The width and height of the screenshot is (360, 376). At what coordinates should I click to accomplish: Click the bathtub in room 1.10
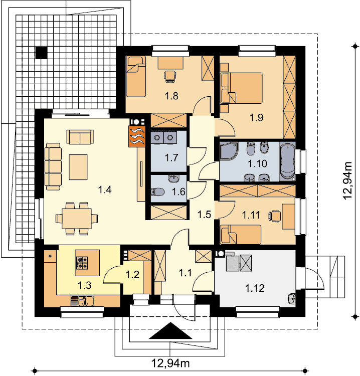click(287, 161)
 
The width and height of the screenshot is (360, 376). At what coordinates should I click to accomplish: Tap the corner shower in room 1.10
click(228, 151)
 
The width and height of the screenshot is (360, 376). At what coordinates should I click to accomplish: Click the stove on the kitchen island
click(82, 261)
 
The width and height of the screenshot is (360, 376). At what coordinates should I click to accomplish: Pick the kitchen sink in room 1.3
click(83, 301)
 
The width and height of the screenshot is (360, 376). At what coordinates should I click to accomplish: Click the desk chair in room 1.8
click(170, 75)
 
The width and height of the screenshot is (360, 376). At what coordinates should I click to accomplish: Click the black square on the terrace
click(41, 52)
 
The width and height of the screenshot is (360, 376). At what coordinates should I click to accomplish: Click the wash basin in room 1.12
click(292, 300)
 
